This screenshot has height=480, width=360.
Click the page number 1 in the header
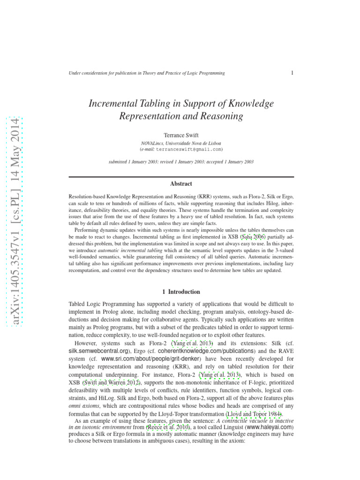(292, 73)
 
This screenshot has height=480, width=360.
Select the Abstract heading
(181, 184)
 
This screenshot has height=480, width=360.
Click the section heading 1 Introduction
(181, 292)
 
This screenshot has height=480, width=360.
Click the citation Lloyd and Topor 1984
(254, 414)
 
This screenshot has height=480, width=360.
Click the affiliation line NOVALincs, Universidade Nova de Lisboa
(181, 142)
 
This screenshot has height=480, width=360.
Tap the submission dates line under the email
(181, 162)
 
